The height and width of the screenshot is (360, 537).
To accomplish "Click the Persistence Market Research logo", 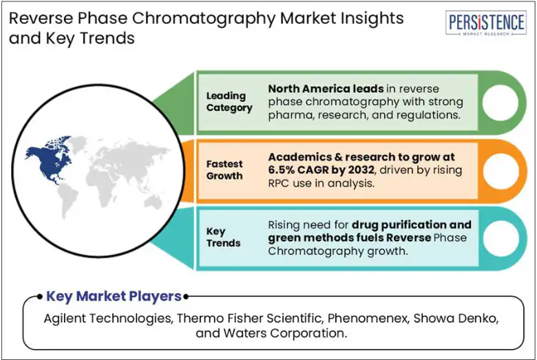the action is (485, 23).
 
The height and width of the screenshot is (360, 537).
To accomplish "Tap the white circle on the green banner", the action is (500, 103).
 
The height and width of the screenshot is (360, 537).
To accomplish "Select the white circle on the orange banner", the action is (501, 171).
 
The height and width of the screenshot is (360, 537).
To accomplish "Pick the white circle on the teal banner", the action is (501, 238).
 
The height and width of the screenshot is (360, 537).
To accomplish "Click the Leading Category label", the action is (229, 102).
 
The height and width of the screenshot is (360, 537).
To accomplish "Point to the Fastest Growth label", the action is (224, 170).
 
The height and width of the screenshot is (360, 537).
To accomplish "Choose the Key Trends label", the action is (223, 237).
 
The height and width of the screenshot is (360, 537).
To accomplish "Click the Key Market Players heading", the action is (114, 296).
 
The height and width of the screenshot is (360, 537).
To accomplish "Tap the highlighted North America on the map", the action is (50, 161).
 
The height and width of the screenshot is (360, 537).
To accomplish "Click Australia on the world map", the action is (153, 202).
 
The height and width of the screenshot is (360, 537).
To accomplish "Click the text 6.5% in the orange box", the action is (281, 170).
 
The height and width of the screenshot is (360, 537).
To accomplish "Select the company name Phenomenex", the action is (368, 319).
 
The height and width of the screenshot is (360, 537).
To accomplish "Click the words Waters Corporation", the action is (285, 333).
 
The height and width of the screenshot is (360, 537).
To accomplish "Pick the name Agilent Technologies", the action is (108, 319).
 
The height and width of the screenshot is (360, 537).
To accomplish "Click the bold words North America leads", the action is (326, 89).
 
